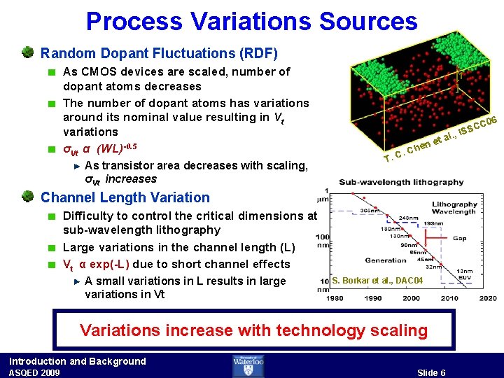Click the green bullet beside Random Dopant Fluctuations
pyautogui.click(x=28, y=52)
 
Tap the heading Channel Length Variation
pyautogui.click(x=125, y=198)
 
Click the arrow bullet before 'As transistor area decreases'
pyautogui.click(x=76, y=166)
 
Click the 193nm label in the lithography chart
pyautogui.click(x=432, y=223)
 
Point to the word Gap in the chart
pyautogui.click(x=458, y=238)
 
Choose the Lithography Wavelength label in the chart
pyautogui.click(x=454, y=208)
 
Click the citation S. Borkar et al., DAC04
pyautogui.click(x=377, y=281)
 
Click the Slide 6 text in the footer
pyautogui.click(x=431, y=372)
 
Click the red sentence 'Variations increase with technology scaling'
pyautogui.click(x=253, y=330)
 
